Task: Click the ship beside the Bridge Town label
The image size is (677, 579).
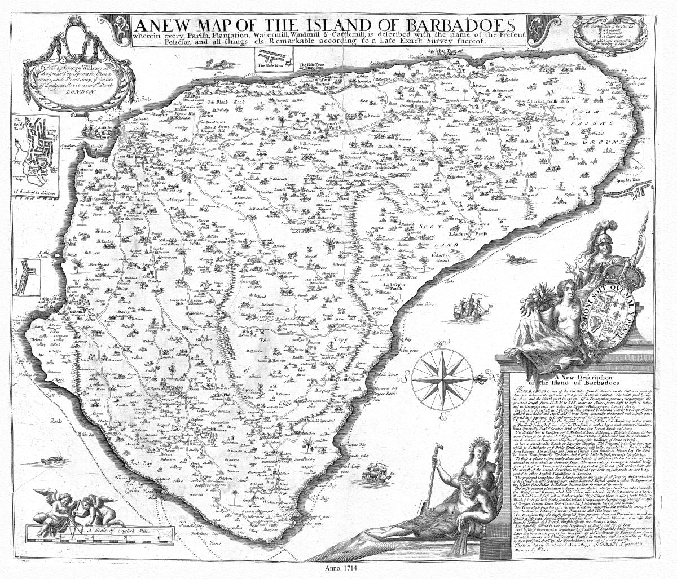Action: [x=90, y=129]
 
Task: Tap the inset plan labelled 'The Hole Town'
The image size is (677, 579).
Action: [x=274, y=60]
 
